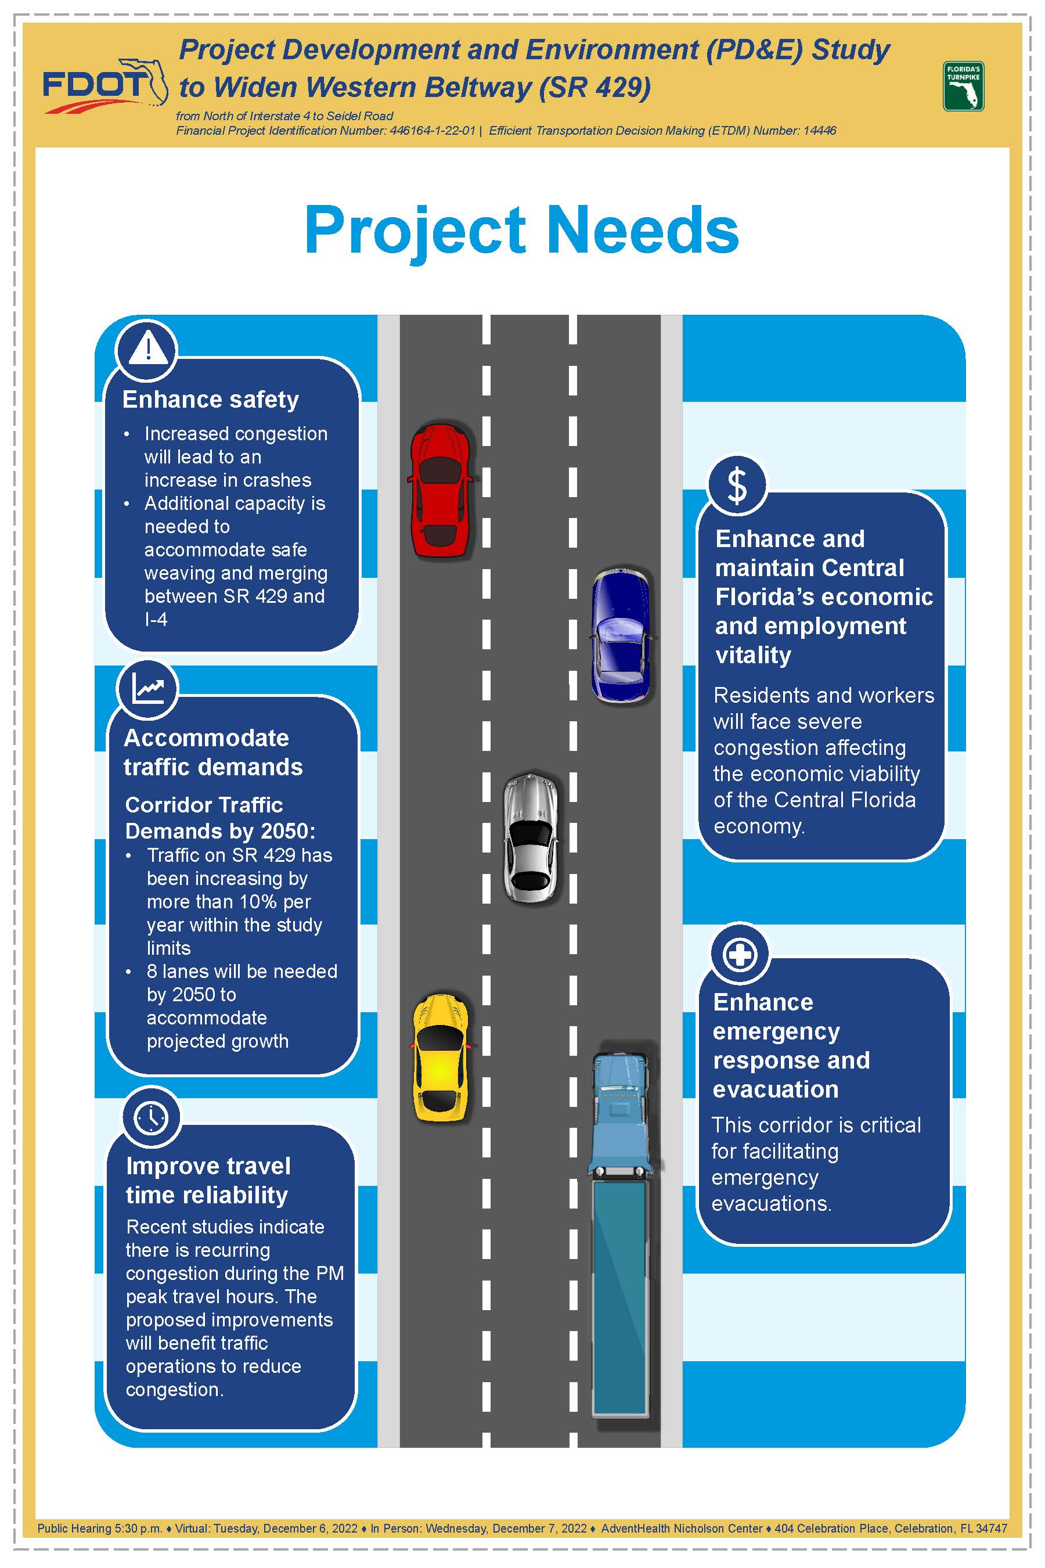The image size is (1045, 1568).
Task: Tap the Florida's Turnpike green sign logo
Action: tap(963, 86)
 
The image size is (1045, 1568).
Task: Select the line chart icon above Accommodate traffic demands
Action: tap(148, 689)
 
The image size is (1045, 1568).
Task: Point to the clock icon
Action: tap(152, 1118)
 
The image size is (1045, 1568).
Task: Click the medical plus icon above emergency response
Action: tap(740, 955)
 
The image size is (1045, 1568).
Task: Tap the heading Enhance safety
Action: tap(211, 400)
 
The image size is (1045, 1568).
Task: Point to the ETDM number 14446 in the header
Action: tap(820, 131)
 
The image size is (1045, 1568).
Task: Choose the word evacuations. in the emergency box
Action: tap(772, 1204)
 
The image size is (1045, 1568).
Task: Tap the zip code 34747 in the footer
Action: tap(991, 1528)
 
